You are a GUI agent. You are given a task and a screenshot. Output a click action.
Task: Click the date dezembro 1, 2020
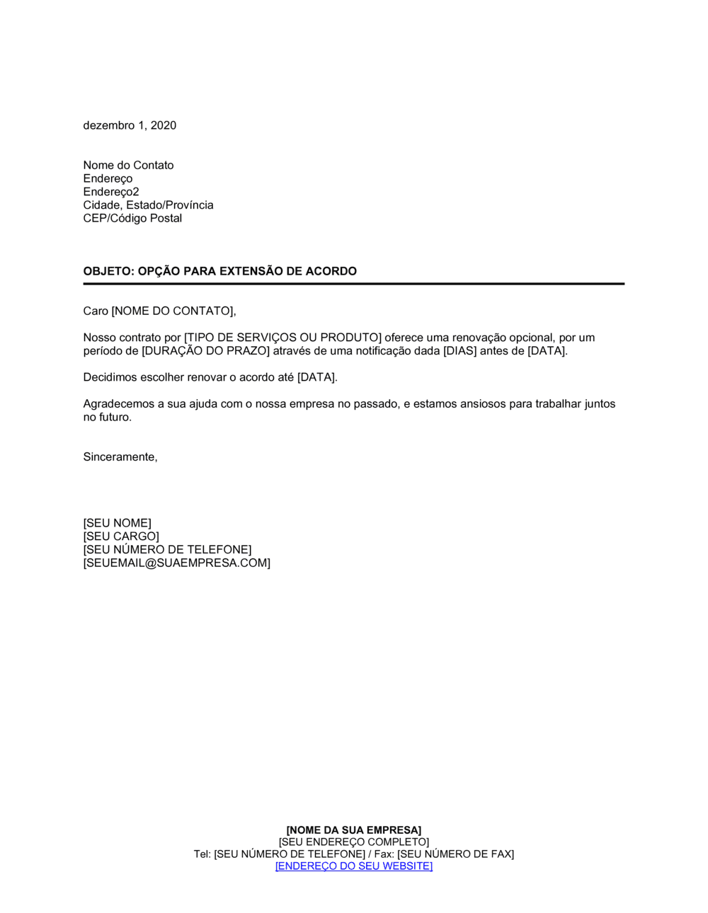point(130,125)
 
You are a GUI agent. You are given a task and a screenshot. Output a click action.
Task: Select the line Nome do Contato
point(128,165)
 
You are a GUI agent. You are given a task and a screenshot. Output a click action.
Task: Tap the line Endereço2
point(111,192)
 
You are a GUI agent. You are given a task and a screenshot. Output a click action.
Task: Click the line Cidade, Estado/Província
point(148,205)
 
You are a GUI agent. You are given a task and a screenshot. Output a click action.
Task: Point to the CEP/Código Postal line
point(132,219)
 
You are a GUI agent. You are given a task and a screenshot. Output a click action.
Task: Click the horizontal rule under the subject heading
point(353,284)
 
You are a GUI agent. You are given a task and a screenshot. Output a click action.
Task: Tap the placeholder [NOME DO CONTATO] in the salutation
point(172,311)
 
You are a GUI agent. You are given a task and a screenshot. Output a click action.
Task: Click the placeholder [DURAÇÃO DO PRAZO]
point(206,351)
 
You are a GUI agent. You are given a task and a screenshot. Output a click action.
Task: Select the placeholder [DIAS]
point(460,351)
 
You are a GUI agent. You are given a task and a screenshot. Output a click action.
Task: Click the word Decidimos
point(110,377)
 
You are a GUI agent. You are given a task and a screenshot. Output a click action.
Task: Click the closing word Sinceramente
point(119,457)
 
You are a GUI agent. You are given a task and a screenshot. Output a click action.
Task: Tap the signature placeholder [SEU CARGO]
point(121,536)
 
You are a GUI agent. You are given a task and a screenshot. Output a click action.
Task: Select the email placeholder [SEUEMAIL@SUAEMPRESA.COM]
point(176,563)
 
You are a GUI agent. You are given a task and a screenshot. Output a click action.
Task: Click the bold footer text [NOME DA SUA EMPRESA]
point(353,830)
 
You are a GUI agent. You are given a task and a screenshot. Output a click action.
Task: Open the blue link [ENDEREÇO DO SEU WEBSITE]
point(353,866)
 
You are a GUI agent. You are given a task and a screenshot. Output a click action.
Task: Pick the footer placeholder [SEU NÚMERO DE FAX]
point(455,854)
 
